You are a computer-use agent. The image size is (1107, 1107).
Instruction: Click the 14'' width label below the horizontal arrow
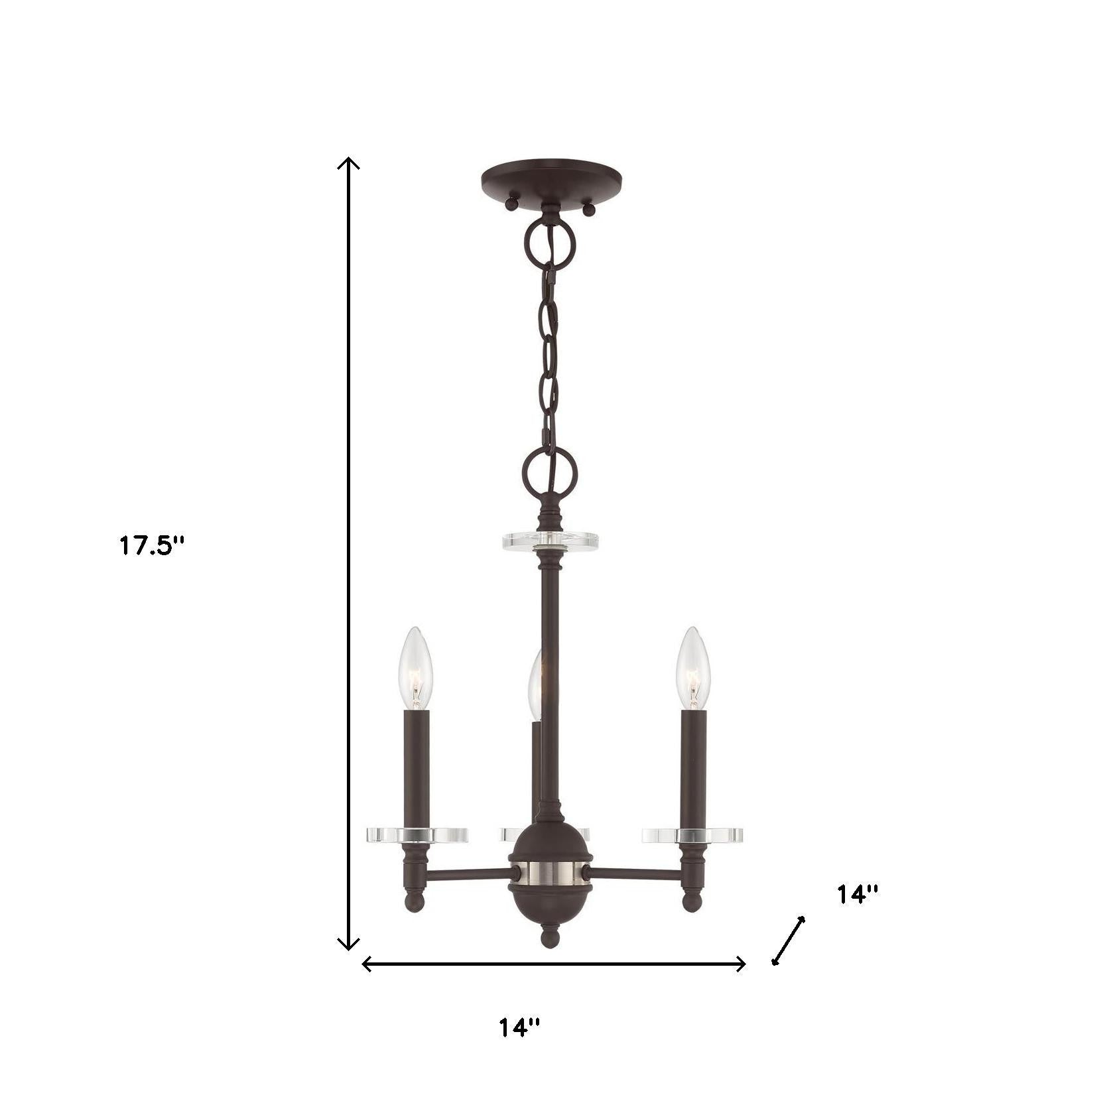tap(519, 1046)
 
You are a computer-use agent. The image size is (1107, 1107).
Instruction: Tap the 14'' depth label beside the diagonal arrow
tap(857, 894)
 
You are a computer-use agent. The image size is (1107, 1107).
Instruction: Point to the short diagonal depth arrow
tap(789, 940)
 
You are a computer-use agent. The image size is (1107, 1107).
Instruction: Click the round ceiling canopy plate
tap(551, 178)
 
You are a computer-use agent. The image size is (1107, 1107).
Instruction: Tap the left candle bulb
tap(416, 667)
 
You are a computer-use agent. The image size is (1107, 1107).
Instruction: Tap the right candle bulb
tap(693, 667)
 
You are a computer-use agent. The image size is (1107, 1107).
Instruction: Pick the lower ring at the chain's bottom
tap(550, 475)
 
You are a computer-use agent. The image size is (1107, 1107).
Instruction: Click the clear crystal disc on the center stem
tap(551, 540)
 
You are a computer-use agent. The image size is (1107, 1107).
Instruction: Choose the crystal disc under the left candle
tap(417, 834)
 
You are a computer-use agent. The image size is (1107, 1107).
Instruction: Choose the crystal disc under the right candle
tap(692, 834)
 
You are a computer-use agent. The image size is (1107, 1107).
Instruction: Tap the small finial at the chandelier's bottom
tap(550, 937)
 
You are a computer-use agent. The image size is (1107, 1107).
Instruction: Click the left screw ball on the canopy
tap(511, 204)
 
